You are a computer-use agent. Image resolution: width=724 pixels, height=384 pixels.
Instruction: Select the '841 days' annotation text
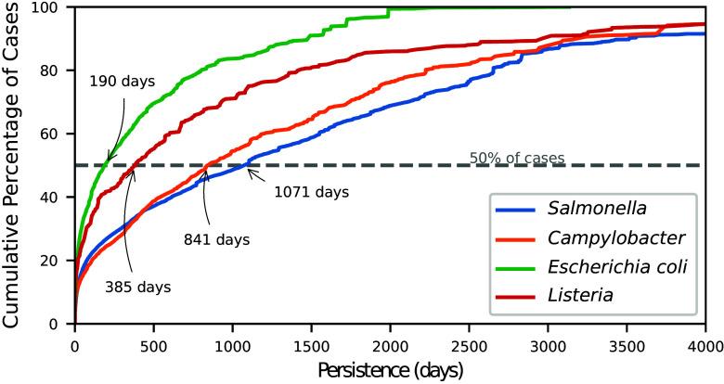[216, 239]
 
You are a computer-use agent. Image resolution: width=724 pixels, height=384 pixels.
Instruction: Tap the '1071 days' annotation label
[311, 193]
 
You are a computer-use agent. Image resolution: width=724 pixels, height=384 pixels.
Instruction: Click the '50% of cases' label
[517, 158]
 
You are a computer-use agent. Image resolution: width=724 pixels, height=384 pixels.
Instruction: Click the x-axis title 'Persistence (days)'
[390, 368]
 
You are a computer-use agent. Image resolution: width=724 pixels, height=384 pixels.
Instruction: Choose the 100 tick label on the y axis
[51, 8]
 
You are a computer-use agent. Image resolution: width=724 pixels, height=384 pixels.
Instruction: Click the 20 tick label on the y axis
[56, 261]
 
